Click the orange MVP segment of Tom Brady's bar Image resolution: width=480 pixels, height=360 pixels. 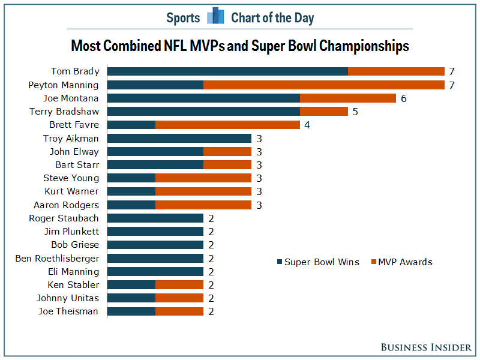pos(396,71)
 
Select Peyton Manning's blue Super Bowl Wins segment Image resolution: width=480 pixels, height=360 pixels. pos(155,85)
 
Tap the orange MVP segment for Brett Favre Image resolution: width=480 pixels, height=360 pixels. pos(227,125)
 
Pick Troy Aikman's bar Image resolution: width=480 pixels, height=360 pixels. pos(179,139)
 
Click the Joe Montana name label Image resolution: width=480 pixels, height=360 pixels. pos(71,98)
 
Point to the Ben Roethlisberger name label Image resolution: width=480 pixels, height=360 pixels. pos(57,259)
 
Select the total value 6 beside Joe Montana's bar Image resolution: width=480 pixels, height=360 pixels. pos(404,98)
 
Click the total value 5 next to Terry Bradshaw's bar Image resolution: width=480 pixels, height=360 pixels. pos(355,112)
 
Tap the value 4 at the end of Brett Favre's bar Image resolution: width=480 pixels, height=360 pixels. pos(307,125)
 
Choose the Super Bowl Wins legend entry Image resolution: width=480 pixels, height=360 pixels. pos(318,262)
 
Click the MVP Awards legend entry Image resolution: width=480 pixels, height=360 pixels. pos(401,262)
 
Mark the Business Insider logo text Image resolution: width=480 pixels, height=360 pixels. pos(426,347)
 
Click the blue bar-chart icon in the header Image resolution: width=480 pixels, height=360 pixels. pos(215,16)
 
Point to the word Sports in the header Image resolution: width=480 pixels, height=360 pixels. pos(183,18)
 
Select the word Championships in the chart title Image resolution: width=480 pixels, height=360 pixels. pos(364,46)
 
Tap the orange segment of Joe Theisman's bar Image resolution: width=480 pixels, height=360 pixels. pos(179,311)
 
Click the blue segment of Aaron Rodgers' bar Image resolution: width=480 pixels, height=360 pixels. pos(131,205)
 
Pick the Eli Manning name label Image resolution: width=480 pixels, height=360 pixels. pos(73,272)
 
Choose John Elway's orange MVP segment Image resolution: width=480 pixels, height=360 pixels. pos(227,152)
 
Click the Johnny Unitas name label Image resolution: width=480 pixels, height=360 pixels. pos(68,298)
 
